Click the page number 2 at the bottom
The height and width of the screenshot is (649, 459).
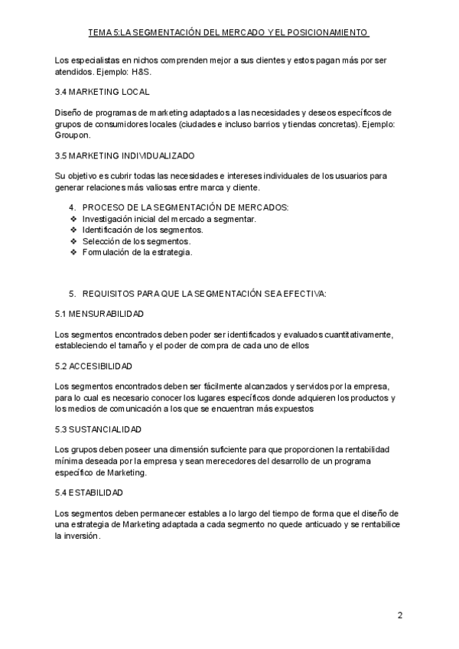399,615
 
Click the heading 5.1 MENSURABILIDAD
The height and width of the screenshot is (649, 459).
99,314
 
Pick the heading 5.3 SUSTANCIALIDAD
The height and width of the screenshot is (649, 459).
99,429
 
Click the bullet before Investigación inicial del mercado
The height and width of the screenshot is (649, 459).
73,219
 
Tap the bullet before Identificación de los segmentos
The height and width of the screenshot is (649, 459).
73,230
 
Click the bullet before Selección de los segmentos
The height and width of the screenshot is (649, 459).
73,241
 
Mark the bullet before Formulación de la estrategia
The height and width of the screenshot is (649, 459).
73,252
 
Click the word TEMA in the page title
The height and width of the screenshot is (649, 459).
100,33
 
